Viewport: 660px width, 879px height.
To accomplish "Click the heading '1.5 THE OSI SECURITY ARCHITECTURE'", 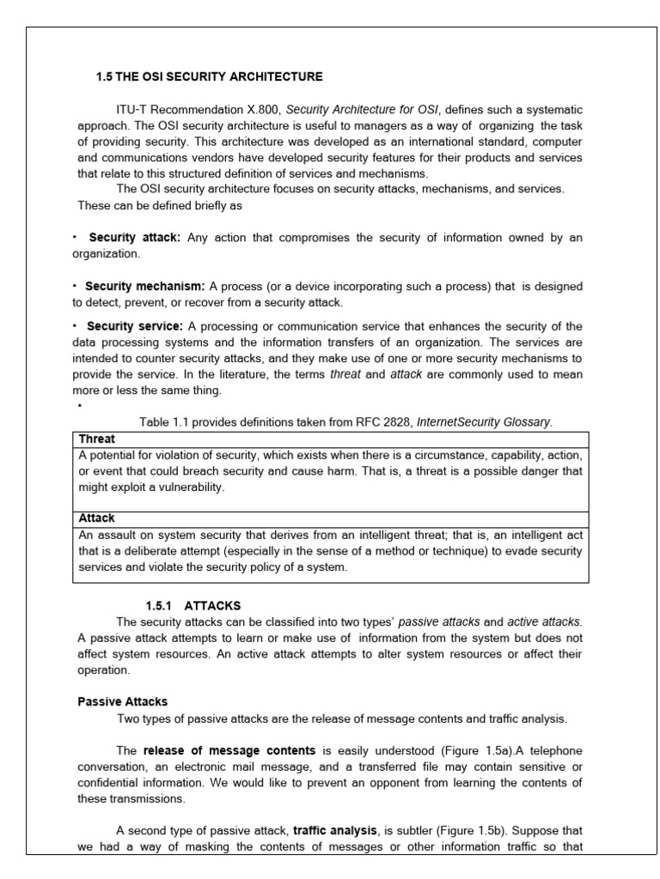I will pos(209,77).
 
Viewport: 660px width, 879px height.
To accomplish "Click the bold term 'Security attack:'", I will pos(134,238).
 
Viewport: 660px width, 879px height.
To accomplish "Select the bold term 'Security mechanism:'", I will pos(144,286).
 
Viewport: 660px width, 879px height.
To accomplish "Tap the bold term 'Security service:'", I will pos(135,326).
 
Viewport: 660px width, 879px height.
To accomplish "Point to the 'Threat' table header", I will pos(96,439).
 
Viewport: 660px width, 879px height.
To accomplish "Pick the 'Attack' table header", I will pos(96,518).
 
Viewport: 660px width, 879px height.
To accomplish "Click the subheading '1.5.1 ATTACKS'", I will pos(193,605).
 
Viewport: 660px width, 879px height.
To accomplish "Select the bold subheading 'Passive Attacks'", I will pos(123,701).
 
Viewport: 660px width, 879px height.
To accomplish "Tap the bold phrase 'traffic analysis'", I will pos(334,830).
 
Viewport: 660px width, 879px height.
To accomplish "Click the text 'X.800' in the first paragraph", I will pos(262,110).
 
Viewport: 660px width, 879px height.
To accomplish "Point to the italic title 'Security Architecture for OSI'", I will pos(362,110).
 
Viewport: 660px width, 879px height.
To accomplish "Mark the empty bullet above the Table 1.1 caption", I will pos(79,406).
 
